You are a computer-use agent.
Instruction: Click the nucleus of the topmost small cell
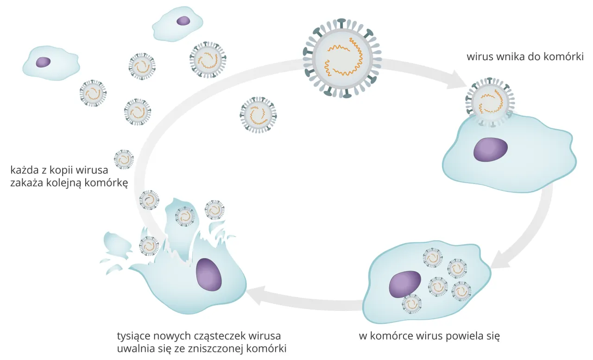tap(183, 21)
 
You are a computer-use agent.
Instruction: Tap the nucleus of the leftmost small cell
tap(43, 62)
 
